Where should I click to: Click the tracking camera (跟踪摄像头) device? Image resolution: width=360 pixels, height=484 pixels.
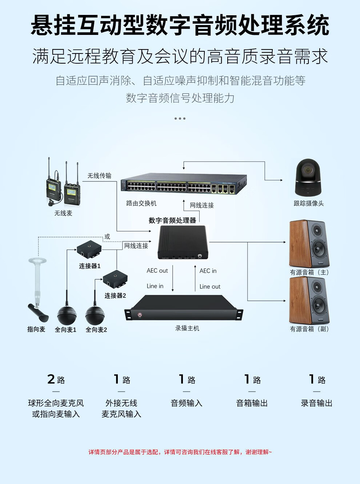click(x=308, y=177)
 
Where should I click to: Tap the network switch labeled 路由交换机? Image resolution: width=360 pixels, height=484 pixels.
click(x=184, y=184)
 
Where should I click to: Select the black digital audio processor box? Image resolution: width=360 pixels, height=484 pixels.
click(x=182, y=242)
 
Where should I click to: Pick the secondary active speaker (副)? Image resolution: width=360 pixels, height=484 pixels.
click(x=309, y=300)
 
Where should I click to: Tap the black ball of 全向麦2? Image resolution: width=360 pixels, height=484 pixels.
click(x=95, y=315)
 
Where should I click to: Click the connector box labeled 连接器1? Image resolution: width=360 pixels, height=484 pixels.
click(x=89, y=250)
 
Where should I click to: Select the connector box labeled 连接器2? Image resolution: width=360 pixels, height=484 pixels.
click(x=115, y=280)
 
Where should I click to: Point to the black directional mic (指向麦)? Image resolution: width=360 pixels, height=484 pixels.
click(x=38, y=312)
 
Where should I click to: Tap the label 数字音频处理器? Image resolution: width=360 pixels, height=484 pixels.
click(x=172, y=220)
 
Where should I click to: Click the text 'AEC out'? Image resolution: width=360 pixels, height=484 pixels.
click(x=157, y=271)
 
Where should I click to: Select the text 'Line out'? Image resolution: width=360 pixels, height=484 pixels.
click(x=210, y=287)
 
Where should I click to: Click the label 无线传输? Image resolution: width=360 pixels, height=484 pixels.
click(x=99, y=176)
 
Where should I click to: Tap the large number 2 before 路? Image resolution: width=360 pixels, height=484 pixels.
click(x=51, y=379)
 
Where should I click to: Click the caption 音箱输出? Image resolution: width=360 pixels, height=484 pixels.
click(x=252, y=403)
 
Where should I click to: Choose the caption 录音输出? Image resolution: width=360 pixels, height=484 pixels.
click(x=316, y=403)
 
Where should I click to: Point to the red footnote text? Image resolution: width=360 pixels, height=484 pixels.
click(x=180, y=452)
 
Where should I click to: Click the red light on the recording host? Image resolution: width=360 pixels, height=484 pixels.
click(x=140, y=315)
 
